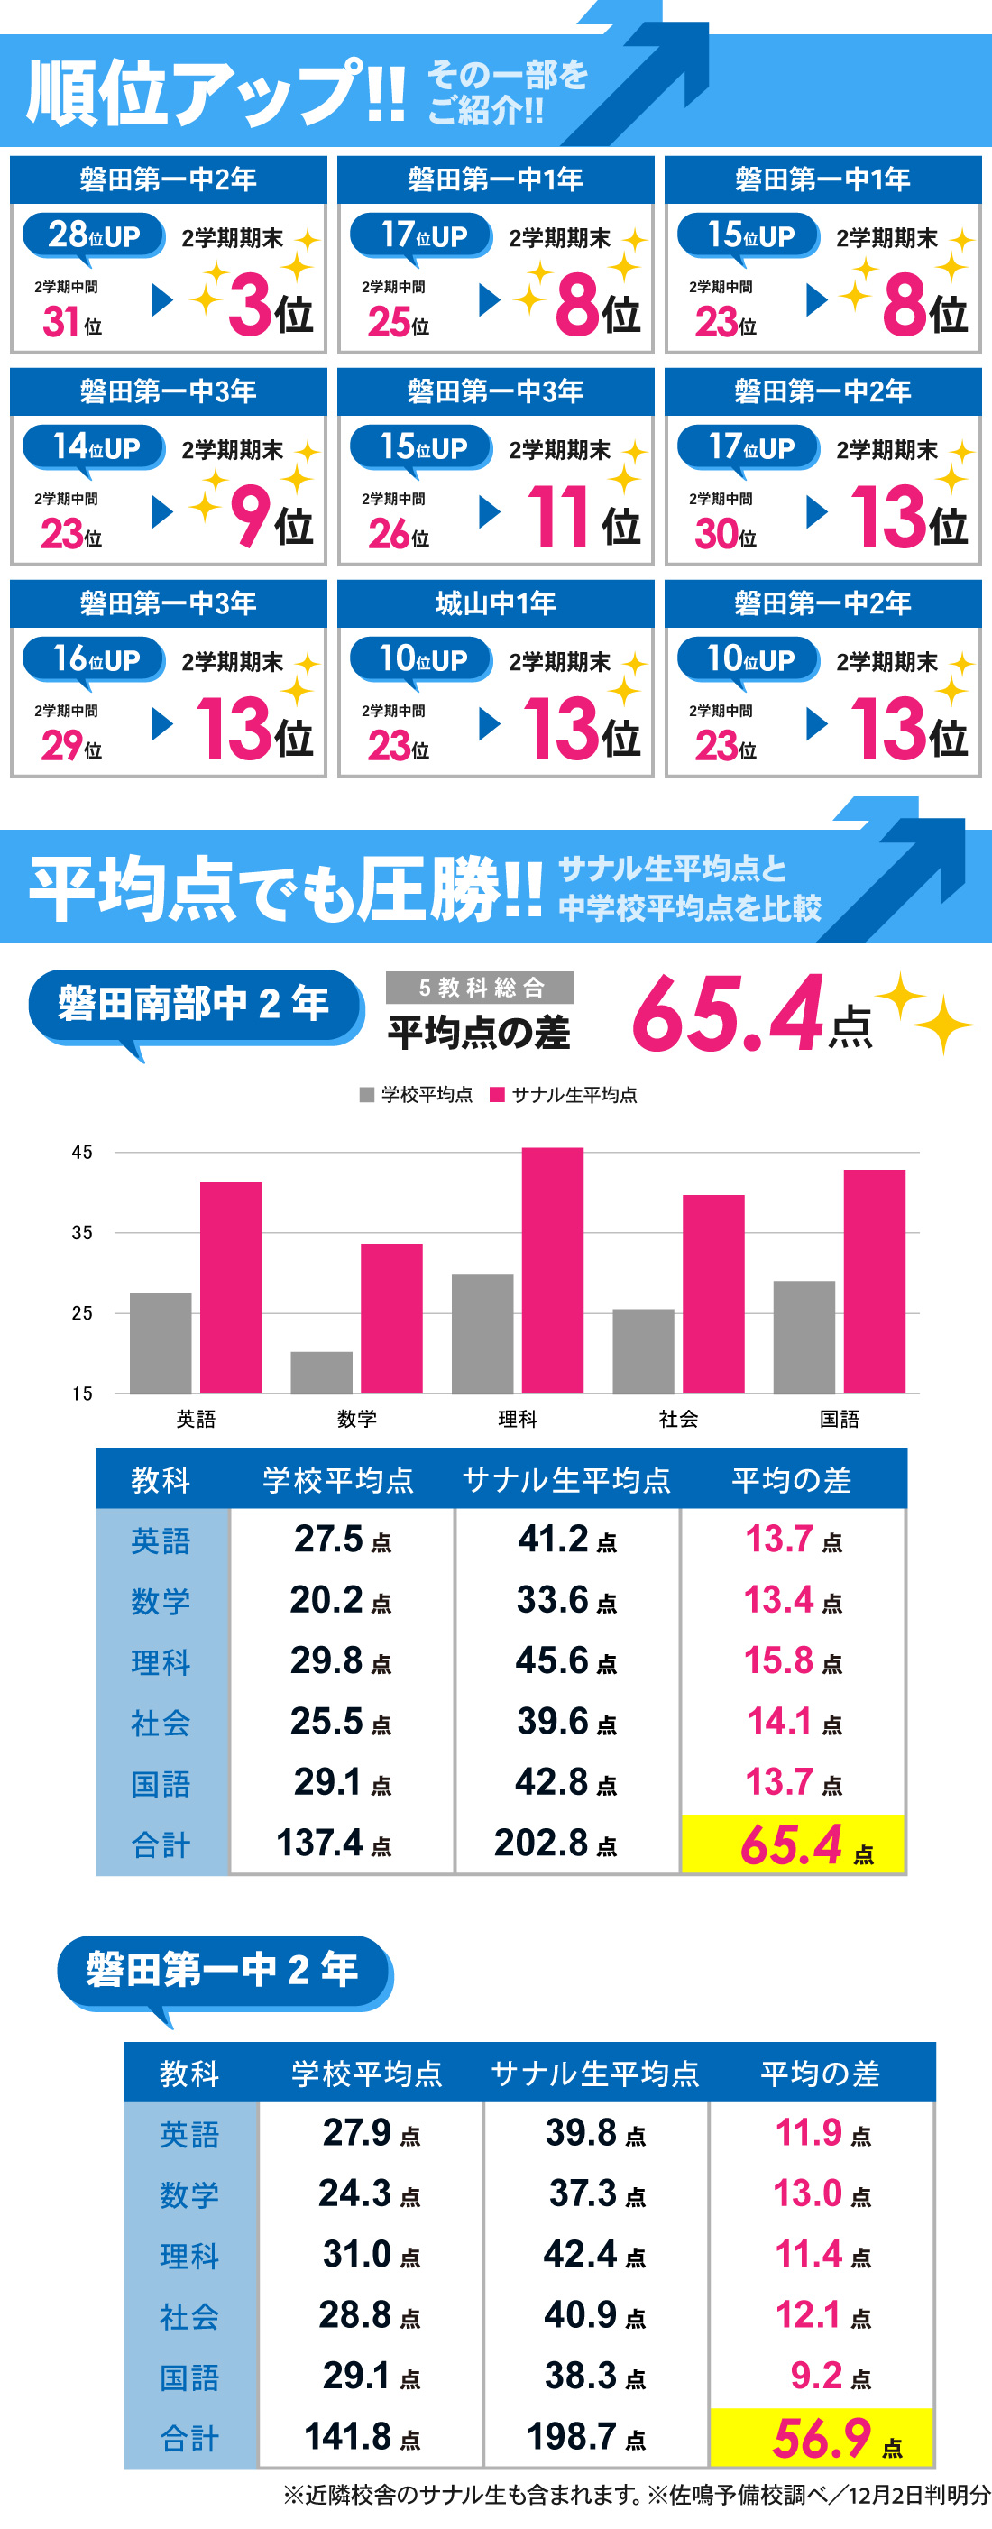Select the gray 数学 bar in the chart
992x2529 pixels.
pyautogui.click(x=321, y=1372)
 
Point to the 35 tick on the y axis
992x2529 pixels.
pyautogui.click(x=82, y=1232)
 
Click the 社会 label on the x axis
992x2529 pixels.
pyautogui.click(x=678, y=1419)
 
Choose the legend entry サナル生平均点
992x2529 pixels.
pyautogui.click(x=565, y=1095)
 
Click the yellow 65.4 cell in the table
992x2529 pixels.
pyautogui.click(x=793, y=1844)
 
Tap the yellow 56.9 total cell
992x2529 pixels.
pyautogui.click(x=822, y=2438)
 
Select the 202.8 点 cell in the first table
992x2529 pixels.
pyautogui.click(x=556, y=1843)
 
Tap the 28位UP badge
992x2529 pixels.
pyautogui.click(x=94, y=235)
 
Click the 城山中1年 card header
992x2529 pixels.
pyautogui.click(x=495, y=602)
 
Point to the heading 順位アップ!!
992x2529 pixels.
pyautogui.click(x=216, y=92)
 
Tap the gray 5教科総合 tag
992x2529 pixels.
pyautogui.click(x=480, y=987)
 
